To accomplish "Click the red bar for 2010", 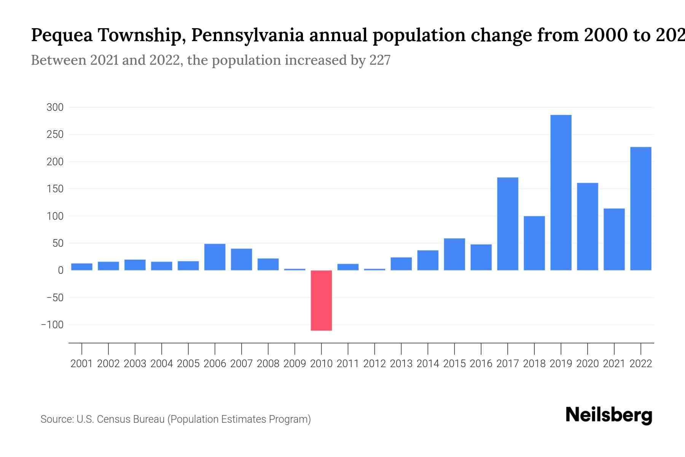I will tap(321, 300).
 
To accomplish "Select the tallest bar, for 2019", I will tap(561, 193).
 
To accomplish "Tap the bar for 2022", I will tap(641, 209).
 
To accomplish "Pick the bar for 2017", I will tap(508, 224).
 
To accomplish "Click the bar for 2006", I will tap(215, 257).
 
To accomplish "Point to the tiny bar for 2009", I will tap(295, 269).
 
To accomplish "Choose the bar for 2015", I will tap(454, 254).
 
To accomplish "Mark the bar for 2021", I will tap(614, 240).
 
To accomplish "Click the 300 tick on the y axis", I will tap(55, 107).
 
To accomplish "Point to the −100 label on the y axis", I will tap(52, 325).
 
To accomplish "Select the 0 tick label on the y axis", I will tap(60, 270).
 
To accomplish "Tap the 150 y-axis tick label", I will tap(55, 189).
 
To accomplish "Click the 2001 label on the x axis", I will tap(81, 364).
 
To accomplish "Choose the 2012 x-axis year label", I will tap(374, 364).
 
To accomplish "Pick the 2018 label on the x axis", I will tap(534, 364).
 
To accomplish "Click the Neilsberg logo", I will tap(609, 415).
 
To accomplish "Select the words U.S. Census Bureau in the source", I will tap(121, 419).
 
